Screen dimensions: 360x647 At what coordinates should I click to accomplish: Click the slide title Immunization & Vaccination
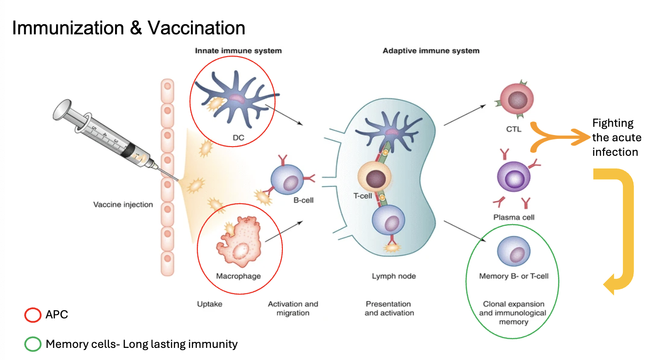[x=129, y=28]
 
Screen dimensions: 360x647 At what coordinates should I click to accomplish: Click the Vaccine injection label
[x=123, y=205]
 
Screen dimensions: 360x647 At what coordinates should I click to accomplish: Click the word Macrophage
[x=238, y=276]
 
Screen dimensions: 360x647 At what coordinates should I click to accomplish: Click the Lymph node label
[x=394, y=276]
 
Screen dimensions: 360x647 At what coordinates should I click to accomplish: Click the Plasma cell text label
[x=514, y=217]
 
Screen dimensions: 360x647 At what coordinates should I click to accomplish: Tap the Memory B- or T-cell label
[x=514, y=276]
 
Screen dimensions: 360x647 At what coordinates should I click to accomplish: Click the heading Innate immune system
[x=238, y=51]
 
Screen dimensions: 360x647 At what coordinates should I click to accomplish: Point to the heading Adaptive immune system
[x=431, y=51]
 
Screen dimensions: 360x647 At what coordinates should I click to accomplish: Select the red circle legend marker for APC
[x=32, y=315]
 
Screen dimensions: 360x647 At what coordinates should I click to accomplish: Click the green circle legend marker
[x=32, y=345]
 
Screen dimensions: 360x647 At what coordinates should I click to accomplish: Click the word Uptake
[x=209, y=304]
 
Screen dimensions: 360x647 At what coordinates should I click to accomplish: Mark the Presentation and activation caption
[x=389, y=309]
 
